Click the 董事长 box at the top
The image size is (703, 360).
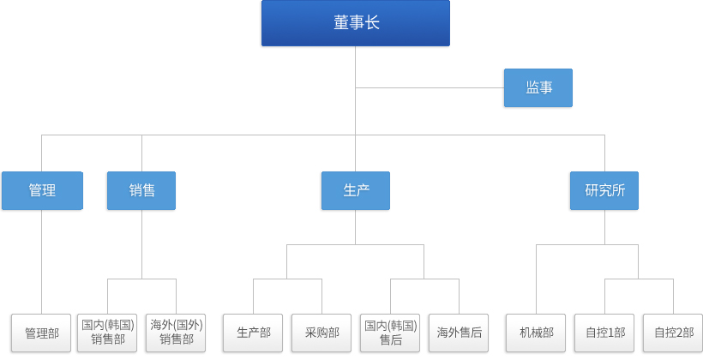click(356, 23)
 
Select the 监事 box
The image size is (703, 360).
click(538, 88)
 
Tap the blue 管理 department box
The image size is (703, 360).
click(42, 190)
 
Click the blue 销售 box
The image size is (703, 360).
click(141, 190)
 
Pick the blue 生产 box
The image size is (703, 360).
click(356, 190)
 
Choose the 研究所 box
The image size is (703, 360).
click(604, 190)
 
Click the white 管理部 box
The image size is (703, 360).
click(41, 333)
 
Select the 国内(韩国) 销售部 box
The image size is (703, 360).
click(107, 333)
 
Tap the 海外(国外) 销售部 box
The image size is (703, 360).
click(176, 333)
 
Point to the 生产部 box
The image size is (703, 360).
click(253, 333)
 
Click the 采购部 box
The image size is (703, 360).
click(321, 333)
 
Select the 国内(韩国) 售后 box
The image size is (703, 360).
click(390, 333)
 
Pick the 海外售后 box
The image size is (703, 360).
click(459, 333)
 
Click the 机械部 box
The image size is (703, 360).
click(536, 333)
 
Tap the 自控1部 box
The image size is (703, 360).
click(604, 333)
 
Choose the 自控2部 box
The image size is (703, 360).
click(673, 333)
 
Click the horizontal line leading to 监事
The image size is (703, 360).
click(430, 88)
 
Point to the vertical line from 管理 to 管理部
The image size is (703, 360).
click(42, 261)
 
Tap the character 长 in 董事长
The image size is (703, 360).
click(372, 23)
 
